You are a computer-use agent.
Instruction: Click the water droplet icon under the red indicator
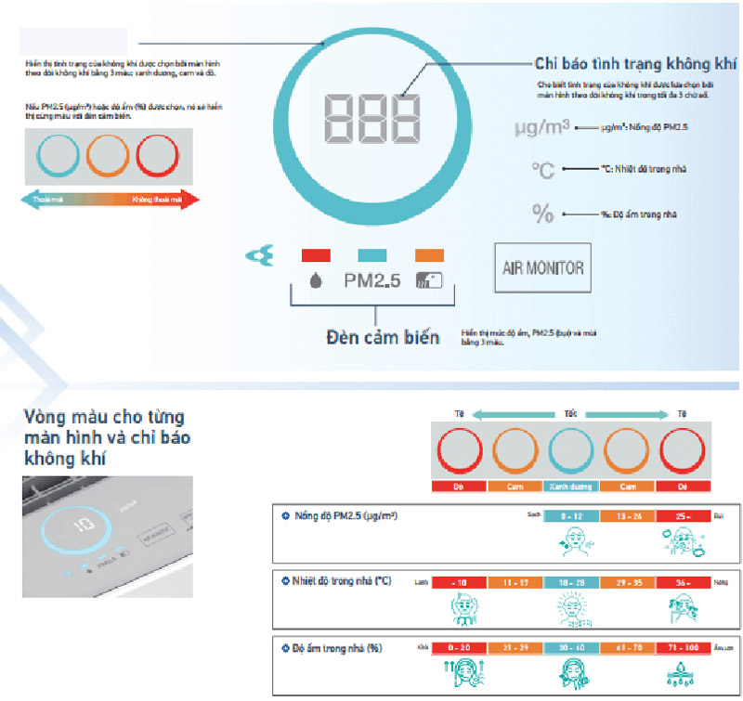pyautogui.click(x=316, y=280)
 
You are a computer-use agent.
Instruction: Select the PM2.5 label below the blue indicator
pyautogui.click(x=371, y=280)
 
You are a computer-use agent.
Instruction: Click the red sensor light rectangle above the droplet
pyautogui.click(x=317, y=253)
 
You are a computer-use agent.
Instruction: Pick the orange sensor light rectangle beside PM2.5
pyautogui.click(x=429, y=253)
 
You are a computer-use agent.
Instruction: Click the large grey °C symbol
pyautogui.click(x=543, y=170)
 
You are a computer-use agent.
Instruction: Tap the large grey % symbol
pyautogui.click(x=543, y=214)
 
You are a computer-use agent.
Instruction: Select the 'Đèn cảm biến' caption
pyautogui.click(x=382, y=337)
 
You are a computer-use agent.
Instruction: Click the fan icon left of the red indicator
pyautogui.click(x=258, y=254)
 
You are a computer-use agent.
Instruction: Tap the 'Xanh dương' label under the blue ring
pyautogui.click(x=571, y=487)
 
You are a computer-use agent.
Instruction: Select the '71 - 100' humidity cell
pyautogui.click(x=683, y=647)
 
